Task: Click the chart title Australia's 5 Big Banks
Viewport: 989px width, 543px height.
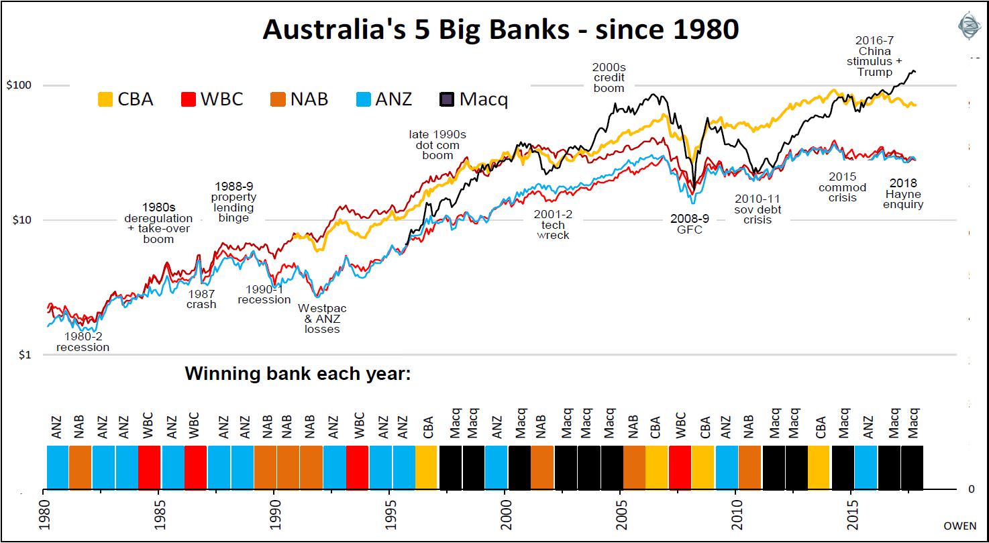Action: coord(500,29)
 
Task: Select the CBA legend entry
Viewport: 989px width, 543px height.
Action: coord(125,99)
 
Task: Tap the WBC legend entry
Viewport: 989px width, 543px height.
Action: coord(211,99)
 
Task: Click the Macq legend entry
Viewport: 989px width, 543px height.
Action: coord(473,99)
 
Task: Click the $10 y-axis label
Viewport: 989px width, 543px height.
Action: coord(26,220)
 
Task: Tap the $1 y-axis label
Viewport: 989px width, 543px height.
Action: coord(23,354)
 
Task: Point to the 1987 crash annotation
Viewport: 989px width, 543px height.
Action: coord(201,299)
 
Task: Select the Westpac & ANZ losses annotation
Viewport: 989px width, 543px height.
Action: coord(322,319)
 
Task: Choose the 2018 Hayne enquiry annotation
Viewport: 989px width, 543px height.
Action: coord(903,193)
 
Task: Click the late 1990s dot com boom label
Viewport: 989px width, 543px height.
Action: coord(437,145)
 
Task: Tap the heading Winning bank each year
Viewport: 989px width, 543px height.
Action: coord(297,373)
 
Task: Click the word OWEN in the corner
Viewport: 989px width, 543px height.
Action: coord(960,526)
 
